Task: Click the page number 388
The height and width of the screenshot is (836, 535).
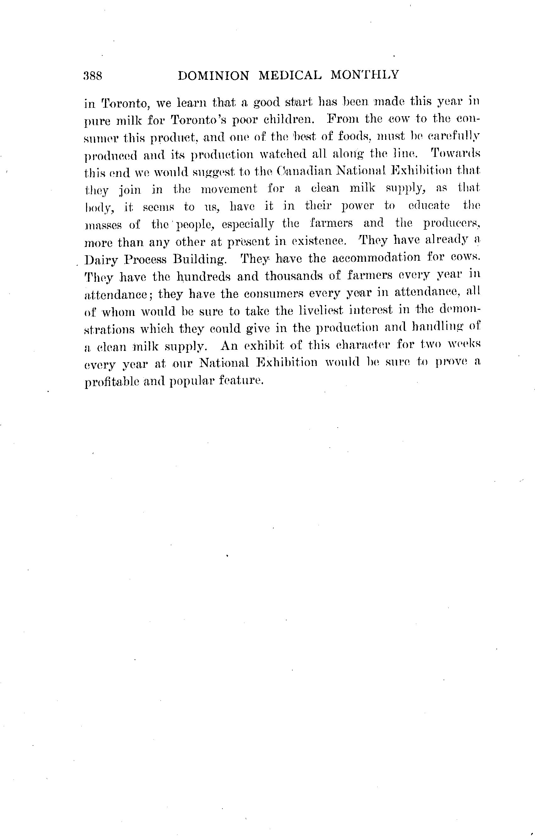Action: tap(93, 75)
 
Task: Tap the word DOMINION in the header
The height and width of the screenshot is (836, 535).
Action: tap(213, 75)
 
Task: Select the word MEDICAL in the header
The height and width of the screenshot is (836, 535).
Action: tap(290, 75)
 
